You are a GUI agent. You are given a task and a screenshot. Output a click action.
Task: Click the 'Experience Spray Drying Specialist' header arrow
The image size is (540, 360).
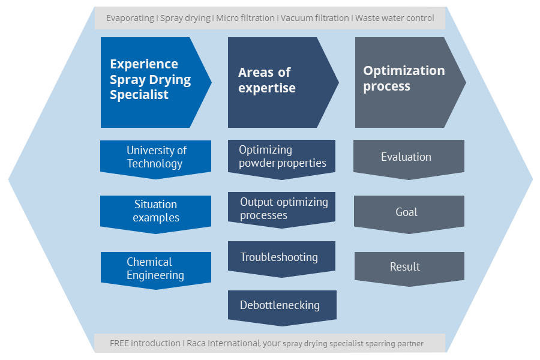(155, 82)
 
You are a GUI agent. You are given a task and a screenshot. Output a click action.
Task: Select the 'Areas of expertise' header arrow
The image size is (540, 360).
(283, 82)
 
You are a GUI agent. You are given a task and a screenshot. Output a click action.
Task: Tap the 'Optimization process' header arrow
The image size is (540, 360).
(410, 82)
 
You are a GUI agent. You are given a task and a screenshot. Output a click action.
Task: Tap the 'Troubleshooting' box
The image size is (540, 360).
(282, 259)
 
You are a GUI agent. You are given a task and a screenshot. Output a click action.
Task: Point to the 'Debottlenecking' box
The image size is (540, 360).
(282, 308)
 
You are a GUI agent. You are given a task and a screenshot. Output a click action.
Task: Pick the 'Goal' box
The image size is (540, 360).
(409, 214)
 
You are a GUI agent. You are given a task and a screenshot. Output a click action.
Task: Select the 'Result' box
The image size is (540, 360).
(409, 269)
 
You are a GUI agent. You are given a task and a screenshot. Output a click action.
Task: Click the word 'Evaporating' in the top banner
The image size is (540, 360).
(130, 18)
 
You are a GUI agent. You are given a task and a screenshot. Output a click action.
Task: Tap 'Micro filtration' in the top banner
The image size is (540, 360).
(245, 18)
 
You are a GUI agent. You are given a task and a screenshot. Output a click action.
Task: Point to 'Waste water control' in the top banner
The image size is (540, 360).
(395, 18)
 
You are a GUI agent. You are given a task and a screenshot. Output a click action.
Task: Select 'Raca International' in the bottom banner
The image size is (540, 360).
(223, 343)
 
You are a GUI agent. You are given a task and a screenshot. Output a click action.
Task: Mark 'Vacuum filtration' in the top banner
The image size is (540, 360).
(315, 18)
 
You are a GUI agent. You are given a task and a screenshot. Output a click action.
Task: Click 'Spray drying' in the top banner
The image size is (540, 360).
(185, 18)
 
